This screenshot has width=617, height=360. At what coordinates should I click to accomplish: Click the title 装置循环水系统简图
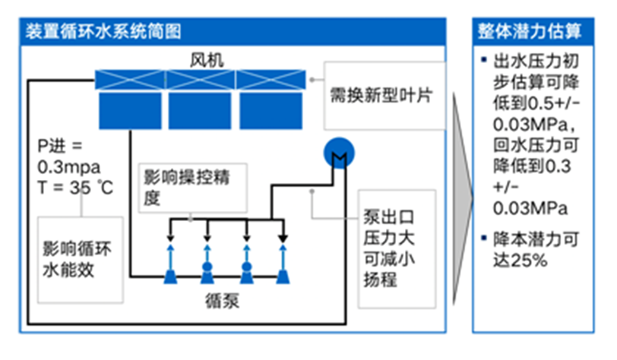(x=103, y=32)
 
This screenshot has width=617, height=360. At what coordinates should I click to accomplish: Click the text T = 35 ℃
(x=76, y=187)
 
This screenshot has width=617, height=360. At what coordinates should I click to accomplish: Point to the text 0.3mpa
(x=68, y=166)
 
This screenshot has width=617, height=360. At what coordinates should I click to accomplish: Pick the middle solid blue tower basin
(x=198, y=110)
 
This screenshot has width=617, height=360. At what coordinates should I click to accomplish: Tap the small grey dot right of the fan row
(x=312, y=79)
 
